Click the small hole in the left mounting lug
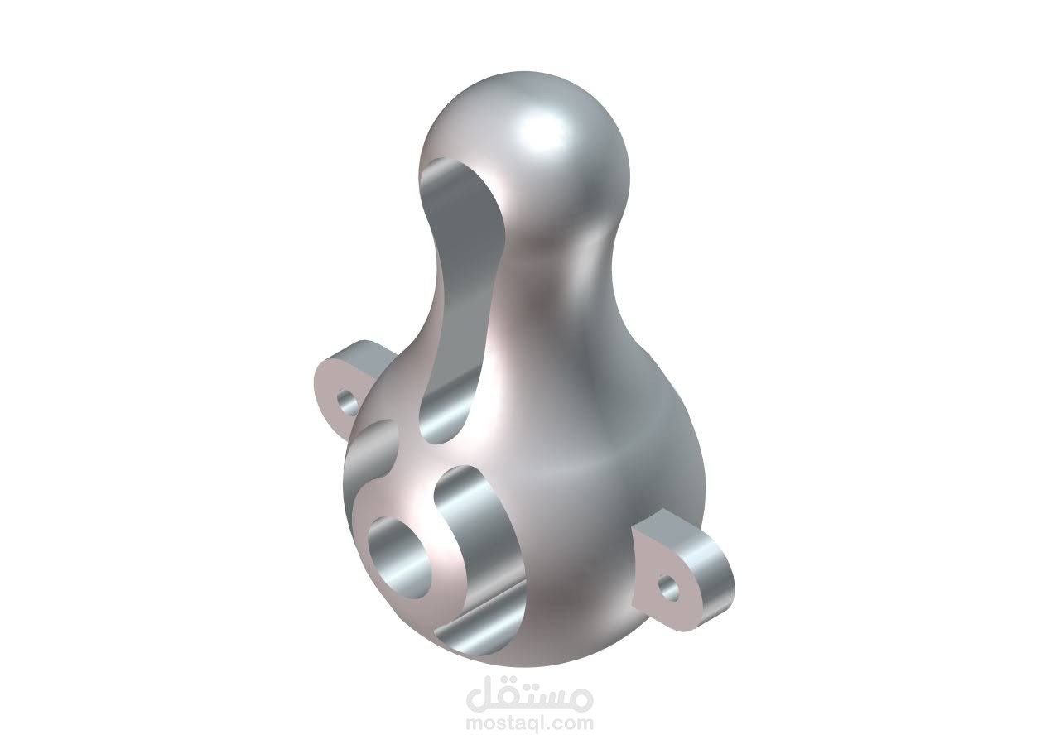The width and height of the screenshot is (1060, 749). point(349,404)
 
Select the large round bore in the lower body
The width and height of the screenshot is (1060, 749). point(401,559)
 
